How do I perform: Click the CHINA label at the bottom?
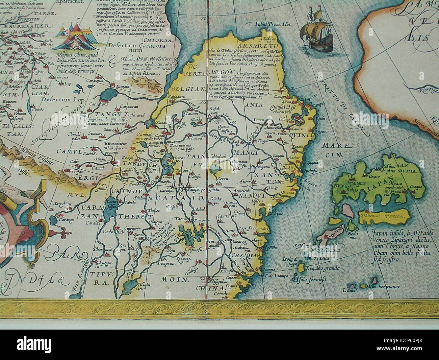coord(211,288)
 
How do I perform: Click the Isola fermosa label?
coord(310,280)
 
